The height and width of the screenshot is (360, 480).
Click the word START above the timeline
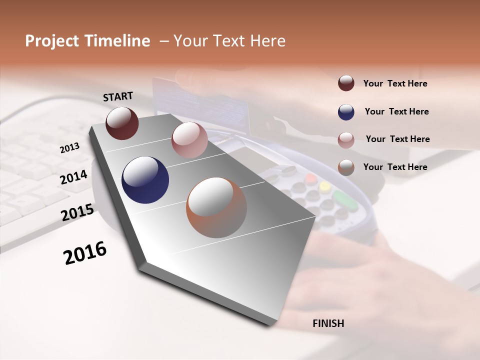coord(118,96)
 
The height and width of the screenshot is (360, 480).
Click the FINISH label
coord(328,323)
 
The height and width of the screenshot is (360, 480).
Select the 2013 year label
coord(69,148)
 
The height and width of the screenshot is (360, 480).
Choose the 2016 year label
coord(85,253)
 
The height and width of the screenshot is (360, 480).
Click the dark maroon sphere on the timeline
coord(122,123)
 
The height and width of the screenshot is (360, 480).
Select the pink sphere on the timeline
coord(189,140)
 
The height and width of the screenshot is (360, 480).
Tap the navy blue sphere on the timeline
coord(145,180)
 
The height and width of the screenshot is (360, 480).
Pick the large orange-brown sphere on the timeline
coord(216,207)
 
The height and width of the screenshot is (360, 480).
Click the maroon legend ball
coord(346,83)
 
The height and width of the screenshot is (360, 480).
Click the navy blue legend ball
coord(346,112)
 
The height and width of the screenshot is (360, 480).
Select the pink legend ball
coord(346,140)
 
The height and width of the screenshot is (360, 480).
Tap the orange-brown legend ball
coord(346,167)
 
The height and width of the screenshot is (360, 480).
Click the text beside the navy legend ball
coord(396,111)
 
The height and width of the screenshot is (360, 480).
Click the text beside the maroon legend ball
coord(395,83)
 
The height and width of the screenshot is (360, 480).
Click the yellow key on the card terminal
coord(325,186)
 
